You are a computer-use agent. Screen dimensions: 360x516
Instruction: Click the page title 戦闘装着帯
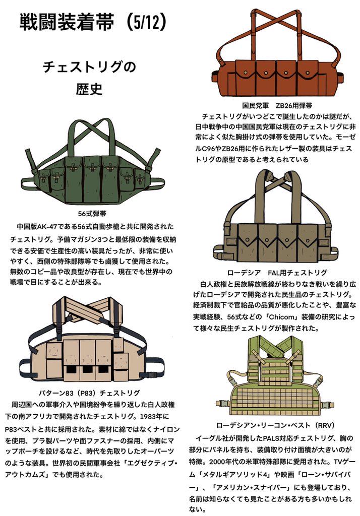click(x=66, y=22)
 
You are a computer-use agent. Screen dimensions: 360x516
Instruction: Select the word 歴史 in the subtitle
click(x=90, y=88)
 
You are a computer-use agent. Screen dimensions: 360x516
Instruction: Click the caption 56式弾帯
click(x=92, y=214)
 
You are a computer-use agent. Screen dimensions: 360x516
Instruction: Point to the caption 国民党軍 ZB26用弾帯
click(x=277, y=106)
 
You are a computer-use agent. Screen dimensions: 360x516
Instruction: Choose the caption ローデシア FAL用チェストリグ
click(x=277, y=273)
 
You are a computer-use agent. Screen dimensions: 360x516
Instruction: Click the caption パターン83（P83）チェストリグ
click(x=89, y=393)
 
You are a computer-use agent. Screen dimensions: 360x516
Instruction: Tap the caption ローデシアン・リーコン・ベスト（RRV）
click(x=276, y=425)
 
